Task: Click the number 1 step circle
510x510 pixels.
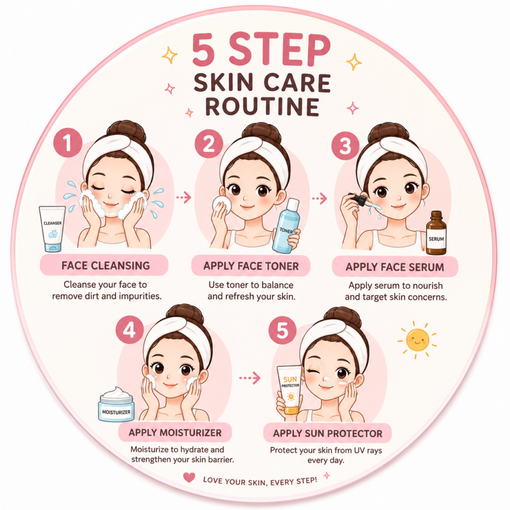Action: (68, 143)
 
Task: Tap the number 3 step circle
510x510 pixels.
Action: (346, 146)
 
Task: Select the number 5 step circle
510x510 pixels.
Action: (282, 331)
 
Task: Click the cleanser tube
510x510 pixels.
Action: (52, 229)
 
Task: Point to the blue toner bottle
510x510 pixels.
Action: (286, 226)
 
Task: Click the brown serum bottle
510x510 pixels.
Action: (436, 233)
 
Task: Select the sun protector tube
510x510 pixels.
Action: (290, 389)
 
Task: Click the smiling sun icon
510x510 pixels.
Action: (417, 340)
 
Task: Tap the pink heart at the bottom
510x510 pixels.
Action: (189, 477)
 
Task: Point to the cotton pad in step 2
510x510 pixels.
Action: (222, 205)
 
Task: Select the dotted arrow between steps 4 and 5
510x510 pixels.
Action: (250, 378)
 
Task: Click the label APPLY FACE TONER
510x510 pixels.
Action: (251, 266)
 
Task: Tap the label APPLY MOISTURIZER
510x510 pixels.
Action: (175, 433)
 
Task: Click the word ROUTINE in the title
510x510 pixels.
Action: (262, 107)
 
